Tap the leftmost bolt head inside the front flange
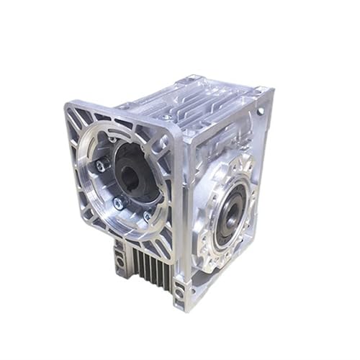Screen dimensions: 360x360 click(100, 166)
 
